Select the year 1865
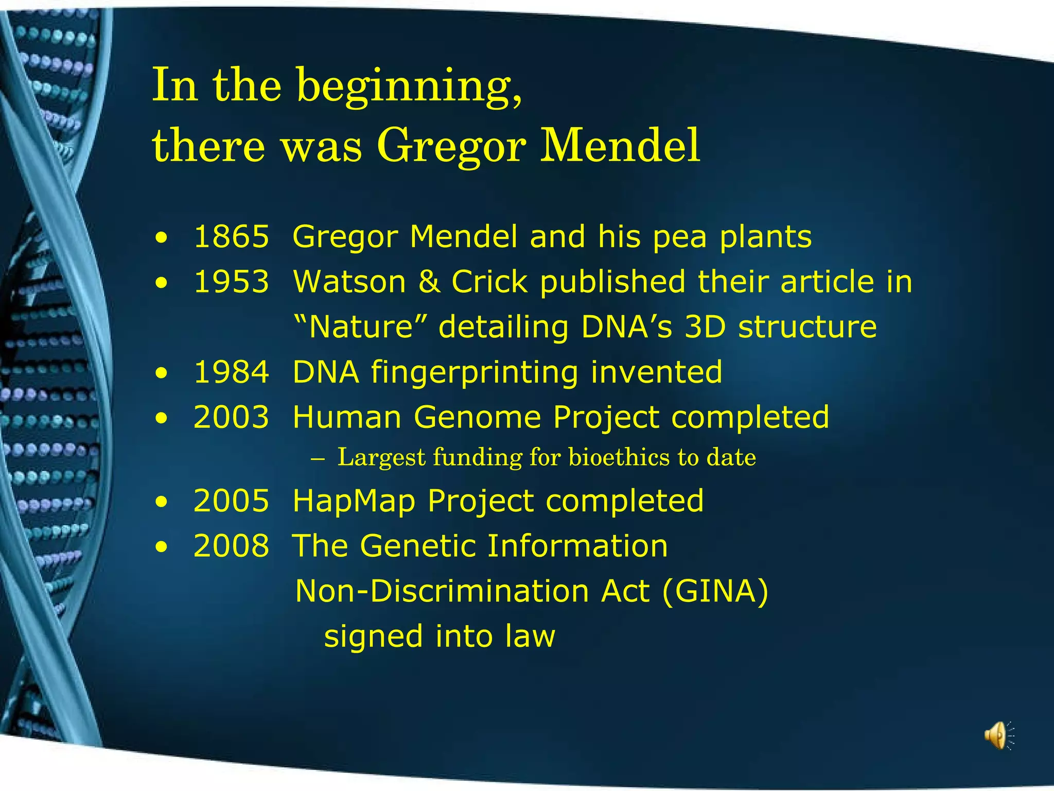(x=231, y=237)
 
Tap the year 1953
(x=231, y=282)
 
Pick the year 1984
(x=231, y=372)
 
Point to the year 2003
(x=231, y=417)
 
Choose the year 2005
(x=231, y=501)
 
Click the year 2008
(x=231, y=546)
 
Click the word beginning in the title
(x=409, y=87)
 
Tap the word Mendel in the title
(x=620, y=146)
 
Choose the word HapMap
(x=354, y=502)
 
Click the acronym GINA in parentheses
(x=715, y=591)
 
